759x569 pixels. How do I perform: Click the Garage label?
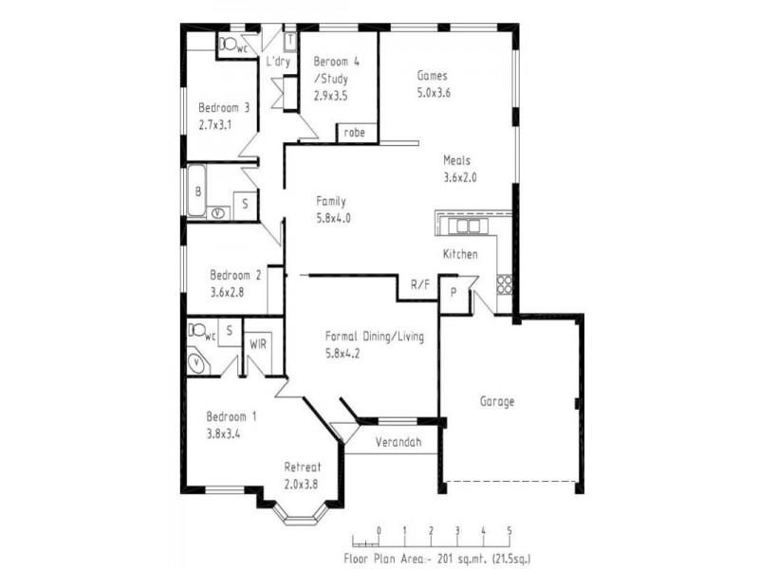(496, 401)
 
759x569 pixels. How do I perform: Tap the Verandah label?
(398, 442)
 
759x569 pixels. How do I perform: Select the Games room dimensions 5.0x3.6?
(434, 92)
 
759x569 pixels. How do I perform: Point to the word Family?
(331, 201)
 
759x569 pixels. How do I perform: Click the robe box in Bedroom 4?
(358, 133)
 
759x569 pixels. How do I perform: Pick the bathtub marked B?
(197, 191)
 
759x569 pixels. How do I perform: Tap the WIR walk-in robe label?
(258, 344)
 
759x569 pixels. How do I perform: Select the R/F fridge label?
(420, 284)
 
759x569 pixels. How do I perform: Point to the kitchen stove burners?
(504, 284)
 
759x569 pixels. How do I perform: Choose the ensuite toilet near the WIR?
(197, 330)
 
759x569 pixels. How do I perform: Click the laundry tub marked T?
(290, 41)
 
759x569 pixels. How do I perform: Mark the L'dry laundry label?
(278, 62)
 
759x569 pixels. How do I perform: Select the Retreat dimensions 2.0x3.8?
(301, 485)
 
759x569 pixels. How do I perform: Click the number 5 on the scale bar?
(509, 531)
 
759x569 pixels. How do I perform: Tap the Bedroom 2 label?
(235, 275)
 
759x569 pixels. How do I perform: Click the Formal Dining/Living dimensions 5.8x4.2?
(342, 354)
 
